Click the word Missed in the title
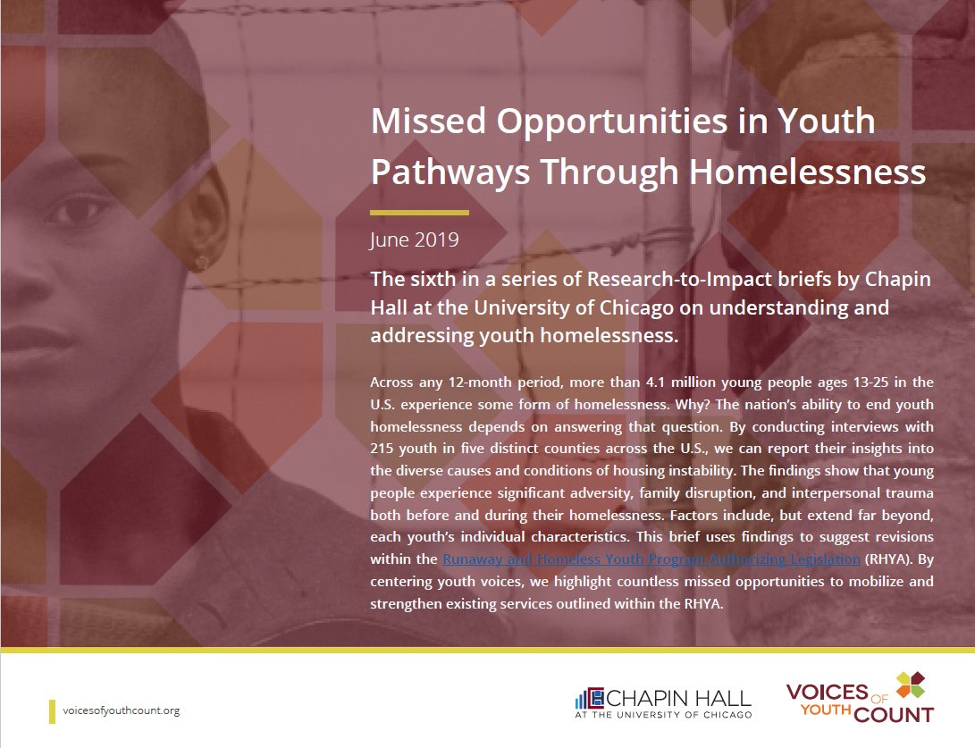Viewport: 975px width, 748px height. [x=428, y=121]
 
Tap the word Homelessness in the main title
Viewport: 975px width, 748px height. [x=808, y=172]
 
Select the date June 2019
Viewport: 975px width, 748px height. [x=414, y=240]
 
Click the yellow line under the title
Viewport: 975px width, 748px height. [x=419, y=213]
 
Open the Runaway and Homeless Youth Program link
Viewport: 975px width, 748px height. [x=651, y=559]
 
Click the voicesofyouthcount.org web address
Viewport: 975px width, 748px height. [x=122, y=710]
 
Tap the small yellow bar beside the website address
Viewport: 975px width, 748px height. [x=52, y=711]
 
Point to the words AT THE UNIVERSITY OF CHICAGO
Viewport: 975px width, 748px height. [x=663, y=715]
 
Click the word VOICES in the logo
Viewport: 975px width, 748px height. [x=827, y=692]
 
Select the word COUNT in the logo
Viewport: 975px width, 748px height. [x=895, y=714]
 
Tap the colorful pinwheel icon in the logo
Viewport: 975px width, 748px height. [x=911, y=685]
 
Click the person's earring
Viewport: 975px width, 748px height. [x=202, y=262]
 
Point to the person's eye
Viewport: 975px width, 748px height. [x=79, y=211]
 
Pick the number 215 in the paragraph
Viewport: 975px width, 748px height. [x=382, y=449]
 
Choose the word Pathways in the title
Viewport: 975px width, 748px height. [x=450, y=172]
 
